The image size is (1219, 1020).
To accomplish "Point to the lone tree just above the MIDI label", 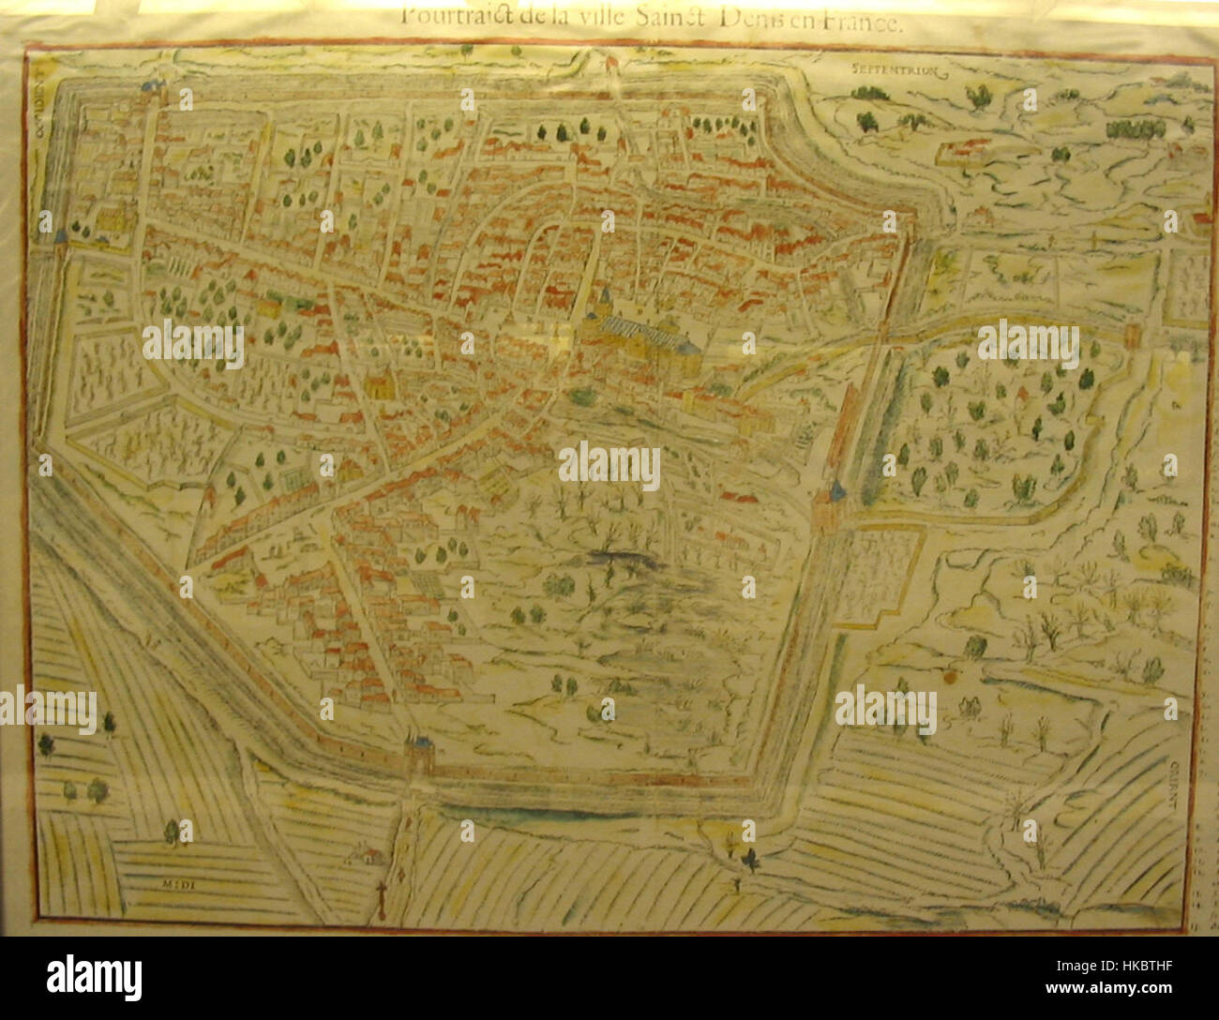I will pyautogui.click(x=171, y=832).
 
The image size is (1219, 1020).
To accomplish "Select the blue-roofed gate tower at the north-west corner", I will pyautogui.click(x=148, y=87).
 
